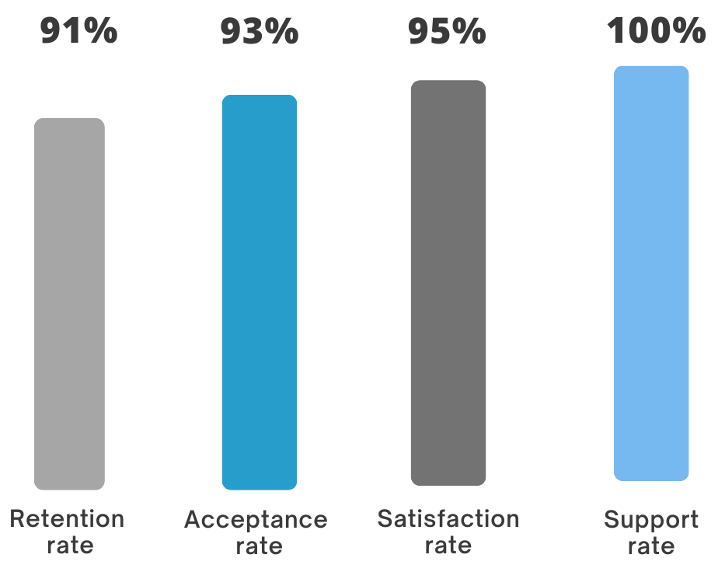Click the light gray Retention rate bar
coord(70,304)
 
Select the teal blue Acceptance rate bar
coord(260,292)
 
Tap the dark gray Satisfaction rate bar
coord(448,283)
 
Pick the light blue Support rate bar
coord(651,274)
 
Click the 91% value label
coord(78,30)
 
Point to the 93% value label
coord(260,31)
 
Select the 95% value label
coord(448,31)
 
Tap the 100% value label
coord(656,30)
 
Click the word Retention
coord(67,518)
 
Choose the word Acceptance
coord(256,520)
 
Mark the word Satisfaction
coord(448,518)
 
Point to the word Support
coord(651,521)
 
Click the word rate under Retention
coord(71,546)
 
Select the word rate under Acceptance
coord(260,546)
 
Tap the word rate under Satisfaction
coord(448,546)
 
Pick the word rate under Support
coord(651,546)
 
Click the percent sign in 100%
coord(689,30)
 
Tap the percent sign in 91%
coord(101,30)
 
